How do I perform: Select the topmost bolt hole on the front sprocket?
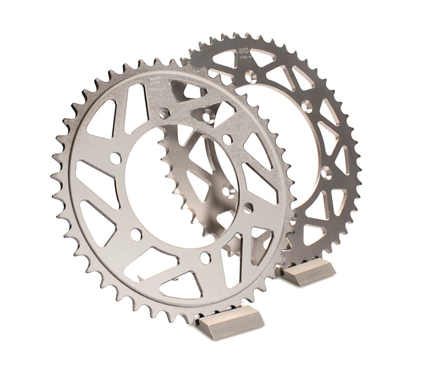pyautogui.click(x=164, y=113)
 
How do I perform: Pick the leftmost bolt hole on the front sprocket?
pyautogui.click(x=113, y=158)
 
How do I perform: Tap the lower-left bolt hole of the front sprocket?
pyautogui.click(x=136, y=234)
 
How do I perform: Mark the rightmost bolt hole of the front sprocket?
pyautogui.click(x=248, y=207)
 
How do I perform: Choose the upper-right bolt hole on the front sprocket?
pyautogui.click(x=227, y=139)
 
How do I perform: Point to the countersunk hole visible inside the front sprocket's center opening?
pyautogui.click(x=228, y=190)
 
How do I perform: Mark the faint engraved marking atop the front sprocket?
pyautogui.click(x=154, y=82)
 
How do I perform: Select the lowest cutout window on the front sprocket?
pyautogui.click(x=179, y=285)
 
